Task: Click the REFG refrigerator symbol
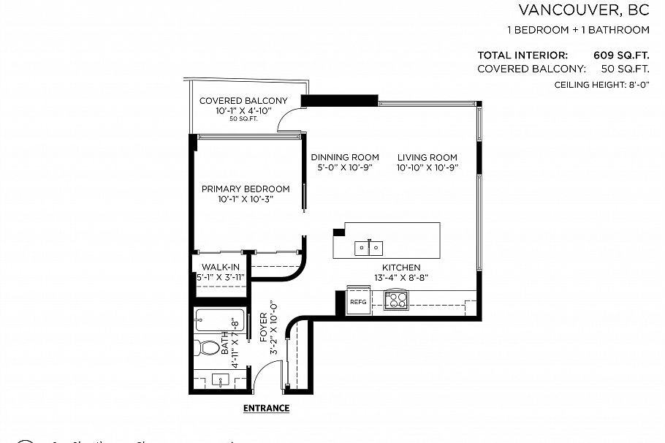coord(358,302)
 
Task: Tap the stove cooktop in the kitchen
coord(396,300)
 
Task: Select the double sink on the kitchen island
coord(368,249)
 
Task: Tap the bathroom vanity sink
coord(220,379)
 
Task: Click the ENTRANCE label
coord(266,408)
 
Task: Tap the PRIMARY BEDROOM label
coord(246,189)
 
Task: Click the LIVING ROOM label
coord(427,157)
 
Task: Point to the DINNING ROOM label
coord(345,157)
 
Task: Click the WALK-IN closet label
coord(220,268)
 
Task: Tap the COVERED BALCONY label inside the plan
coord(243,101)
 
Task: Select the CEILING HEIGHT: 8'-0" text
coord(601,86)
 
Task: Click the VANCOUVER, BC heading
coord(584,10)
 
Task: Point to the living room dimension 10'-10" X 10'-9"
coord(427,167)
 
